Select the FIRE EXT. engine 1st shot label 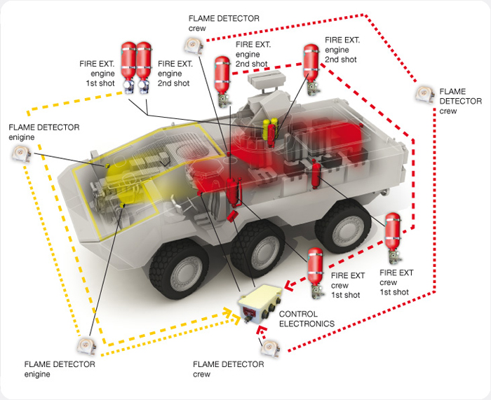97,73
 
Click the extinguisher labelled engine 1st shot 128,66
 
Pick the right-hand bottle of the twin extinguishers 145,66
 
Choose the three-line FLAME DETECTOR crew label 459,102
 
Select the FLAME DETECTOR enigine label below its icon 60,369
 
